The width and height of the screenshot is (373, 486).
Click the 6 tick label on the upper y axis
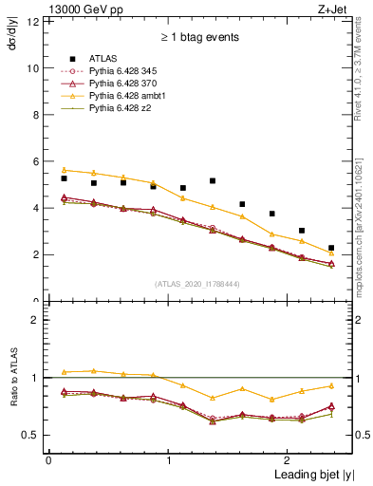click(35, 161)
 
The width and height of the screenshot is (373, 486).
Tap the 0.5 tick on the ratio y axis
click(30, 435)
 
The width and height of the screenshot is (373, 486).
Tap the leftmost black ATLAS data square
click(64, 178)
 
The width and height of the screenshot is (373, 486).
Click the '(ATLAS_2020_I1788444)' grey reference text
click(196, 284)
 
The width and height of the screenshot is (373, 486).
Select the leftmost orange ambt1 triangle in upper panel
click(64, 170)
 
